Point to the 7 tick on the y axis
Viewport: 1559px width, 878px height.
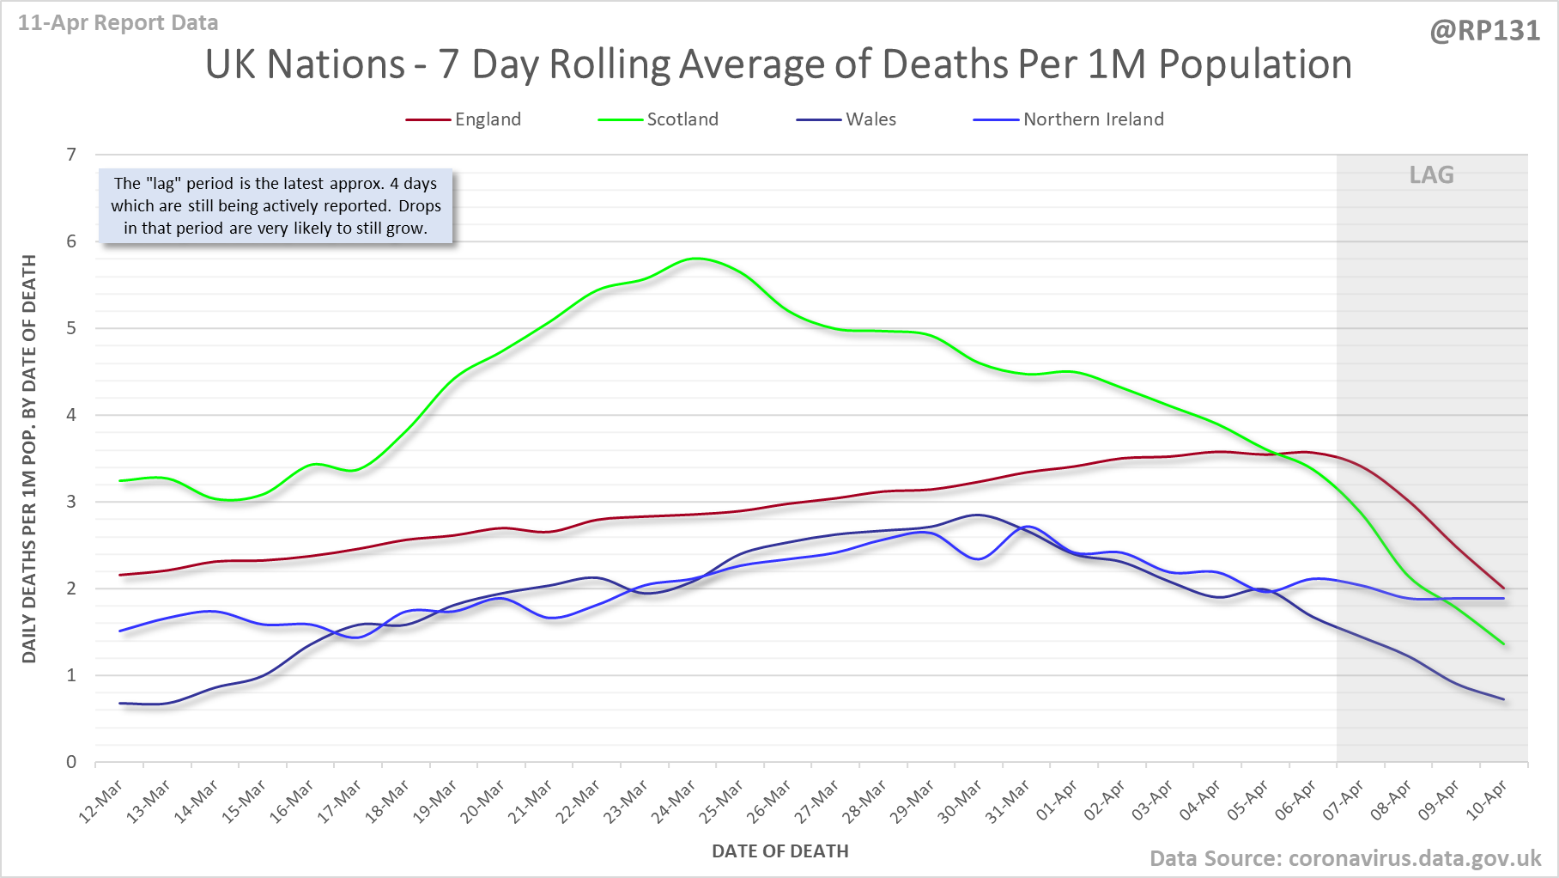click(71, 155)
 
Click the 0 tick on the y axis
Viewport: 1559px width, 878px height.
click(71, 762)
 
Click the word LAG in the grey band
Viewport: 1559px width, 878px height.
click(1431, 175)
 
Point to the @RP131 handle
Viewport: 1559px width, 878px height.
click(1484, 31)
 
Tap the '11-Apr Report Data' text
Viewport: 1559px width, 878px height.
click(118, 23)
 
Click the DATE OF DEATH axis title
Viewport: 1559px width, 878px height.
click(779, 851)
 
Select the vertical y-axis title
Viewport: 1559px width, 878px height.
click(29, 459)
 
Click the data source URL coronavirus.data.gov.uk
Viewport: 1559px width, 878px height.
click(1415, 858)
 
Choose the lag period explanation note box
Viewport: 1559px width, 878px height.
click(276, 206)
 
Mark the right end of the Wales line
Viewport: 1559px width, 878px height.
click(1503, 699)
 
